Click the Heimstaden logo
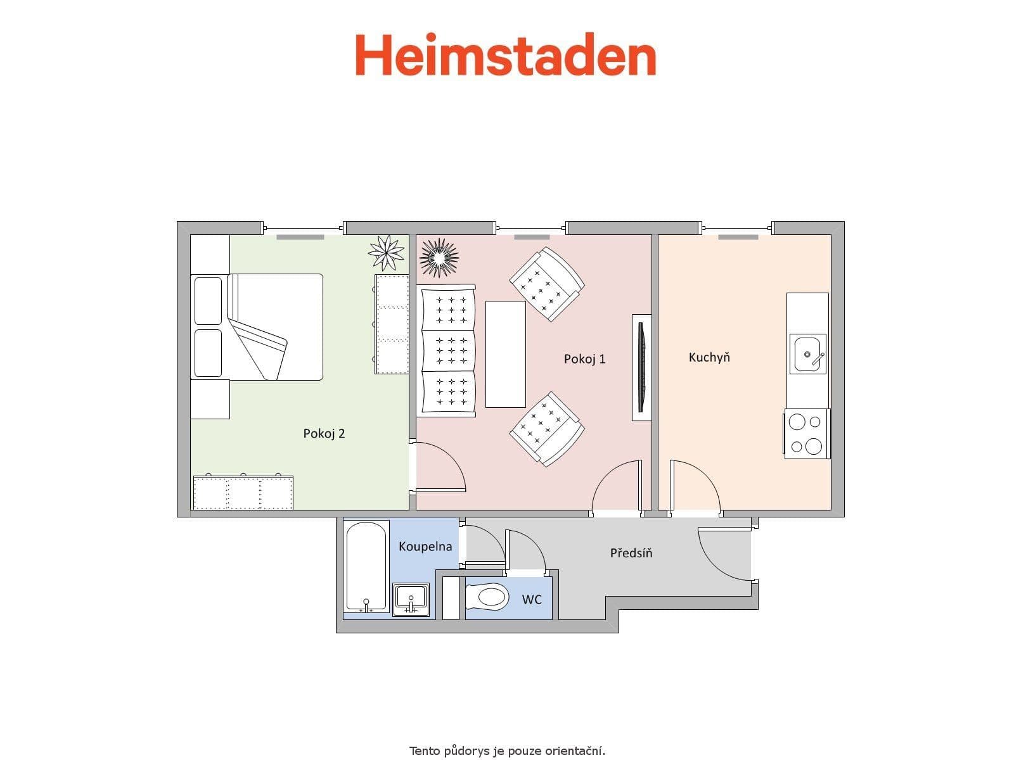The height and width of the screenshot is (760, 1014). coord(505,54)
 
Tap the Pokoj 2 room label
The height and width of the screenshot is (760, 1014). coord(324,434)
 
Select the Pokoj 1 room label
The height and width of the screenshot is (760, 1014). coord(584,359)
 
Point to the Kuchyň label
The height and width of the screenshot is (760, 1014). coord(709,357)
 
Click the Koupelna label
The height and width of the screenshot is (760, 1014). coord(425,547)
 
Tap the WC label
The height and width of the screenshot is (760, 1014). coord(531,599)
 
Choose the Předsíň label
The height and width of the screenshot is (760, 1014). coord(631,552)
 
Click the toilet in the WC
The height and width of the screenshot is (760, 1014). coord(487,597)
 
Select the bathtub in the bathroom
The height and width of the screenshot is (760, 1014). coord(366,566)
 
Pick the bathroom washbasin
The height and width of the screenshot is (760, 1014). coord(411,599)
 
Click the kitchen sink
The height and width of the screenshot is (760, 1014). coord(807,354)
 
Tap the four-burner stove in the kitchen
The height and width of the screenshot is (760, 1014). coord(807,434)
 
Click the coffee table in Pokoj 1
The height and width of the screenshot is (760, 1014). coord(505,355)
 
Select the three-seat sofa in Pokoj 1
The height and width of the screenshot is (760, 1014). coord(446,351)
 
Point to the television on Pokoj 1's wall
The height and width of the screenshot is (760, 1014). coord(641,367)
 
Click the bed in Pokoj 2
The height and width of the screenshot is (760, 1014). coord(257,327)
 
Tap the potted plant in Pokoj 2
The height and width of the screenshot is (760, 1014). coord(386,253)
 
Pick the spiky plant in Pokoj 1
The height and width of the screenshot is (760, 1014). coord(439,258)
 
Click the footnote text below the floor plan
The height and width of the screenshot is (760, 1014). coord(507,750)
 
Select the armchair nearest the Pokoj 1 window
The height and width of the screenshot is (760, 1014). coord(547,284)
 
